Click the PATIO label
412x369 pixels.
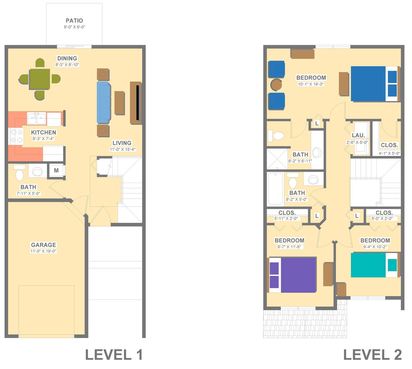74,20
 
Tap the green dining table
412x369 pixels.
40,79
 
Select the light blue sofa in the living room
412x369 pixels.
104,103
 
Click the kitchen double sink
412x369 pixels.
36,119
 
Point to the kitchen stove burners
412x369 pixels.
16,136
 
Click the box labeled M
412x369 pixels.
56,170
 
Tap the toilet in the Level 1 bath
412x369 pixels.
19,173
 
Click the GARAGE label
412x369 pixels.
44,245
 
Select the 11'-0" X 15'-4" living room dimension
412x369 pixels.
122,149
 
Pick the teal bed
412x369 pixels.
374,265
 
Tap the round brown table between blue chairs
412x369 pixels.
276,85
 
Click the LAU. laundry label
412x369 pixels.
358,135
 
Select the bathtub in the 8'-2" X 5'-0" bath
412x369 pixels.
275,188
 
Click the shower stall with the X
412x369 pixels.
277,159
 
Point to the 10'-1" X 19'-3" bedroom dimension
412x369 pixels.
311,84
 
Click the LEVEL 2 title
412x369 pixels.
372,355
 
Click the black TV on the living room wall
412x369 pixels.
138,103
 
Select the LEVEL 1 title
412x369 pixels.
114,355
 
